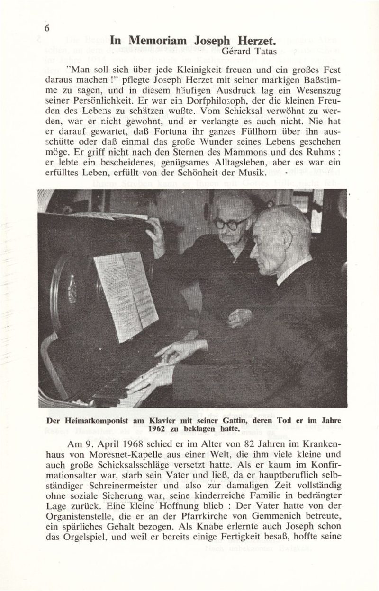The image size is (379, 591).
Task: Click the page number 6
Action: [47, 28]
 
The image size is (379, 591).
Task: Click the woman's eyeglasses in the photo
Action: [231, 222]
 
